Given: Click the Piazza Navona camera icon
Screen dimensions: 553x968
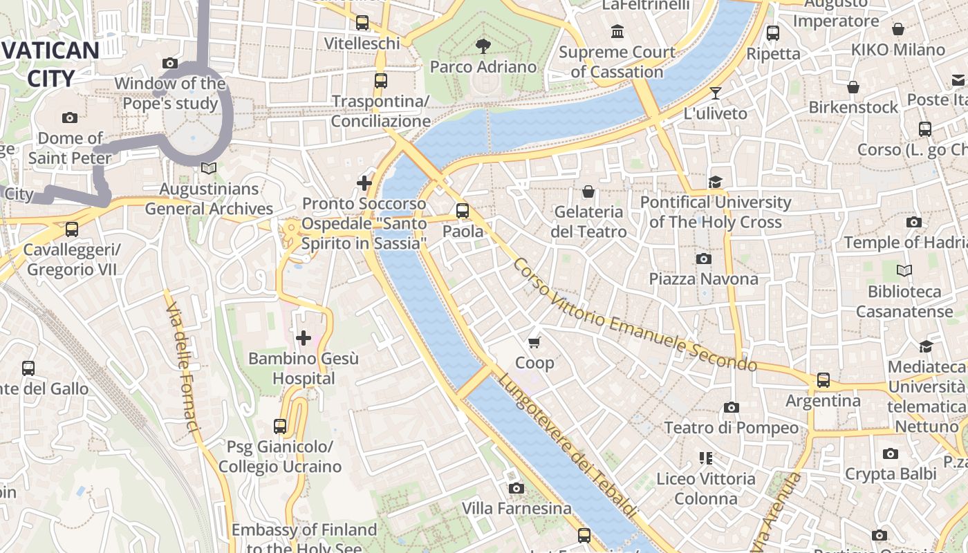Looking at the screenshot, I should [x=703, y=259].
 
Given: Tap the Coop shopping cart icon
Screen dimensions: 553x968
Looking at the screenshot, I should [x=534, y=342].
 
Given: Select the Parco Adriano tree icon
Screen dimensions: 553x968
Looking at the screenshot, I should [x=483, y=46].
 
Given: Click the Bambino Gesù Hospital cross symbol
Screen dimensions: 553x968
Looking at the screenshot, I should [x=304, y=337].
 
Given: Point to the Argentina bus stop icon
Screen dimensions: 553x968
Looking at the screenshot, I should [x=823, y=379].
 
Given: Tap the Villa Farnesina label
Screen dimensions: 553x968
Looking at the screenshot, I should [x=516, y=509].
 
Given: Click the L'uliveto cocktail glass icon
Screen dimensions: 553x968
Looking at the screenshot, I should [x=716, y=93].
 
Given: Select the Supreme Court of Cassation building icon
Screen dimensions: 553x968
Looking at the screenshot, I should [x=617, y=32].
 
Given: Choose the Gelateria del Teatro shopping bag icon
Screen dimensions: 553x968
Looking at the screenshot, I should [x=588, y=191].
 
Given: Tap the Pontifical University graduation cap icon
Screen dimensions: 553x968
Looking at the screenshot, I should [x=715, y=182].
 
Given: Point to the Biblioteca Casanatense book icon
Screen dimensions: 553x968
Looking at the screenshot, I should [x=904, y=270].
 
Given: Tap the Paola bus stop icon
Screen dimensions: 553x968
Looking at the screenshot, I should [x=463, y=210].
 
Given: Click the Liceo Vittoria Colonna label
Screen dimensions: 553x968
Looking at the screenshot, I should [x=706, y=488].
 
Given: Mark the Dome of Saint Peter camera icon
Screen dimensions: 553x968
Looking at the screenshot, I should [x=70, y=118].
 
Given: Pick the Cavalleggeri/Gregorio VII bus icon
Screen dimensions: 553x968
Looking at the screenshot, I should [x=72, y=229].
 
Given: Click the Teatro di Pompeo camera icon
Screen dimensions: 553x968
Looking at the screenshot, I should [x=731, y=407].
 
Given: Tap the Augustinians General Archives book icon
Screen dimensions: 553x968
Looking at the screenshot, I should [x=208, y=168].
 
